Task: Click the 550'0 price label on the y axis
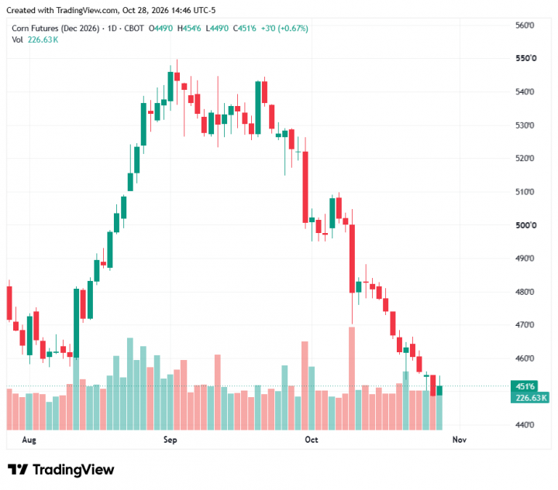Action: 525,58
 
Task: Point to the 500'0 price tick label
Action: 525,225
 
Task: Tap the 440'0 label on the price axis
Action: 525,425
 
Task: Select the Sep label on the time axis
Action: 170,440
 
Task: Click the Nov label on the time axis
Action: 459,440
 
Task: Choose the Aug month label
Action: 29,440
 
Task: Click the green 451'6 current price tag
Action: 524,386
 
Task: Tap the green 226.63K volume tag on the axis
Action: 530,398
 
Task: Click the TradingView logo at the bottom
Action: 61,470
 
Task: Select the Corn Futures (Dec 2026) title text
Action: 56,29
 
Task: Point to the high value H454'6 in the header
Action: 189,29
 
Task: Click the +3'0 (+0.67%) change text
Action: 284,29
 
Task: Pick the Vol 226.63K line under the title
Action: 35,39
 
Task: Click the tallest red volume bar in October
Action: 352,379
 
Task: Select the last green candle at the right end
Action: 439,390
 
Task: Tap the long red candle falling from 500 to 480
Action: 352,259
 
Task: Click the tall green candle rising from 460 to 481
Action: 76,323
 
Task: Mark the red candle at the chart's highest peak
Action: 177,77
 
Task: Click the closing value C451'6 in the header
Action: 244,29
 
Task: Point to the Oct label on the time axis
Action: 312,440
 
